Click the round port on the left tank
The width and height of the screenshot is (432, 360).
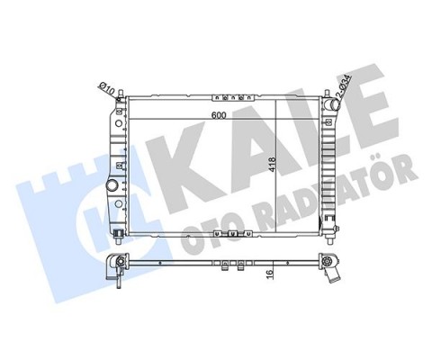click(x=112, y=186)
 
